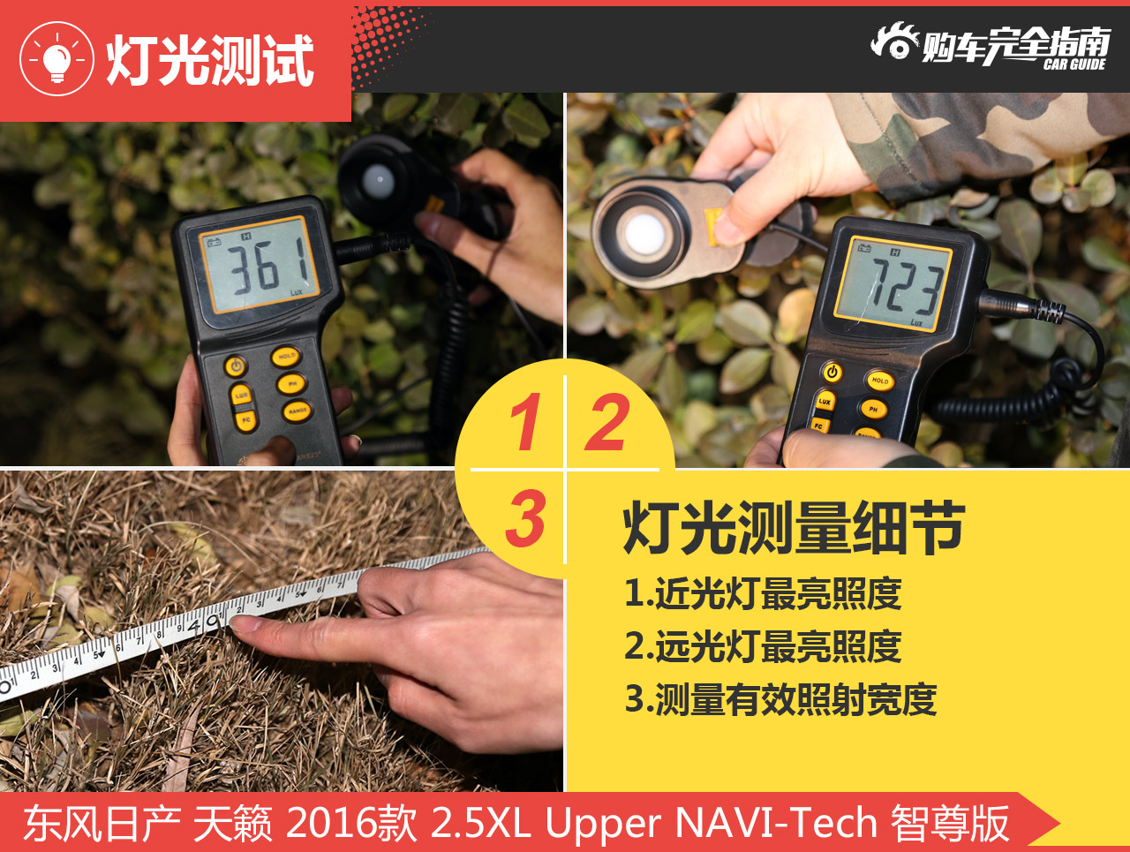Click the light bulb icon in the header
[x=56, y=59]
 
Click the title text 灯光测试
[x=210, y=61]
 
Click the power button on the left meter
[x=235, y=366]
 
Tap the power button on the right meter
[x=832, y=372]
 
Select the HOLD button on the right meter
[x=880, y=381]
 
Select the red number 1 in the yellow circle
[x=525, y=422]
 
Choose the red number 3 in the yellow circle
[x=526, y=519]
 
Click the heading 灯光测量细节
[x=794, y=529]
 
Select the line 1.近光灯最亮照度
[x=762, y=594]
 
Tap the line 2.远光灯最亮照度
[x=762, y=647]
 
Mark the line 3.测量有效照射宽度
[x=780, y=700]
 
